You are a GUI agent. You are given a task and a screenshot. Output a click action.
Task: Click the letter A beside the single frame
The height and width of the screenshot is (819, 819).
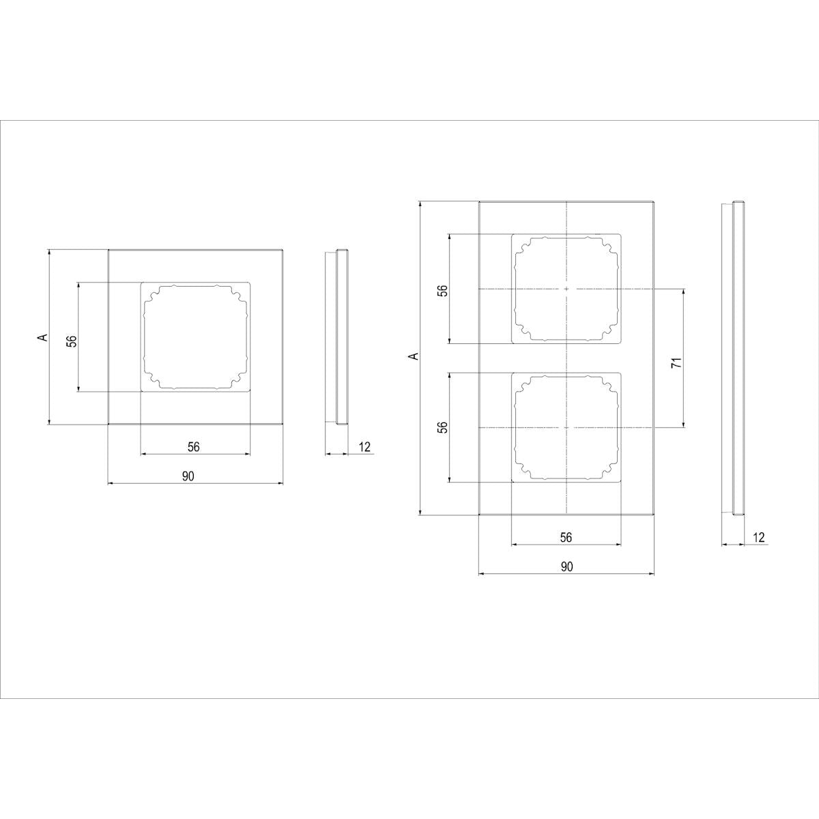[42, 337]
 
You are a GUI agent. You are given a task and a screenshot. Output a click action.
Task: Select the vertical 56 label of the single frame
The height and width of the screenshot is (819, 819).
[73, 341]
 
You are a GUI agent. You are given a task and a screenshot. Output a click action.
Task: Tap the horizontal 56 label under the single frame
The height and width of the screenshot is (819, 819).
[193, 446]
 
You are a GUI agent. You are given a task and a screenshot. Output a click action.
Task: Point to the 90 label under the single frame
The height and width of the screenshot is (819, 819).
[188, 476]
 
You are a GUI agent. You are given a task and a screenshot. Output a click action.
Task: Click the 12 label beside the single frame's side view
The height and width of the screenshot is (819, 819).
[364, 446]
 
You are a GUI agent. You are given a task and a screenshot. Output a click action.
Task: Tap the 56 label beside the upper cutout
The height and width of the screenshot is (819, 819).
[443, 291]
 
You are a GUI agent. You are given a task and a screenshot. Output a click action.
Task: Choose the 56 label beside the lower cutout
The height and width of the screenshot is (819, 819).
[443, 427]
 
